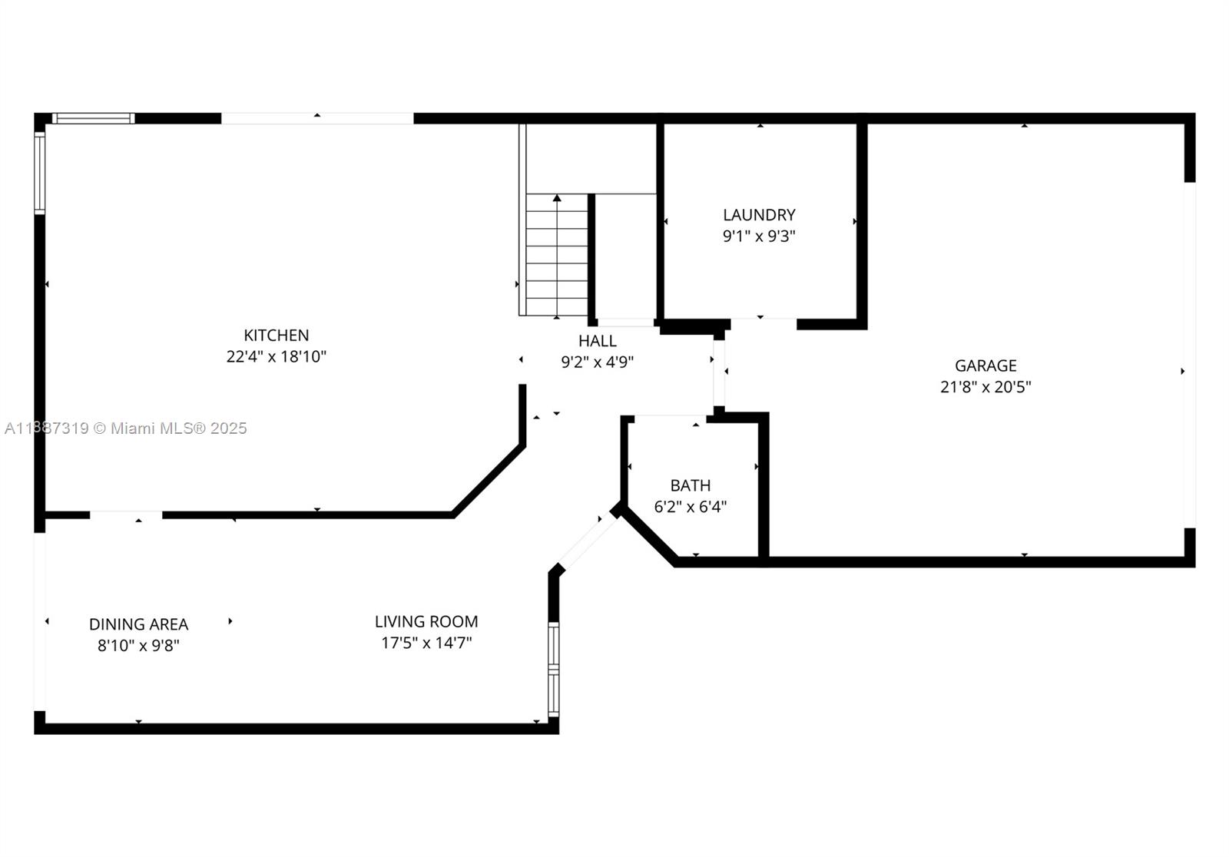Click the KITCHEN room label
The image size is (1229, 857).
click(x=276, y=336)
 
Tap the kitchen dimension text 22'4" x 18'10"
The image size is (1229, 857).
click(x=276, y=356)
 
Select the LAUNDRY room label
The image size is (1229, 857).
click(x=759, y=214)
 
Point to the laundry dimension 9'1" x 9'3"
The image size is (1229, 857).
click(x=759, y=236)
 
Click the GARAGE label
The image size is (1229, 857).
click(x=986, y=366)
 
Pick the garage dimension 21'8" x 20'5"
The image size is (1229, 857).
click(x=986, y=387)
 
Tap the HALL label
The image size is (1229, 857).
click(x=597, y=341)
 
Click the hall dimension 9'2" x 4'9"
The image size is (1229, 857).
click(x=597, y=362)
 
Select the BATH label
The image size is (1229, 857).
click(x=691, y=485)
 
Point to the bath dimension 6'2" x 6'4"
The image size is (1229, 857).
click(x=691, y=506)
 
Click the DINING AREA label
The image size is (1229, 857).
click(x=138, y=624)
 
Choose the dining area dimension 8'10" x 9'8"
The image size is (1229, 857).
click(x=138, y=646)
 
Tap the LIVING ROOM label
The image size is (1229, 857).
click(x=426, y=621)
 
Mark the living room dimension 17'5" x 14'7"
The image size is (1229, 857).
click(x=426, y=643)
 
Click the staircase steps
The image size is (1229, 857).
click(x=556, y=255)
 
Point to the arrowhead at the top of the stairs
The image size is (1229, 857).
click(x=557, y=198)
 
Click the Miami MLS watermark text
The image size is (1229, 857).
click(x=126, y=428)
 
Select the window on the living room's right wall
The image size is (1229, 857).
click(x=554, y=670)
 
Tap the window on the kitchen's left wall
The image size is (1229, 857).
click(x=39, y=174)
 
